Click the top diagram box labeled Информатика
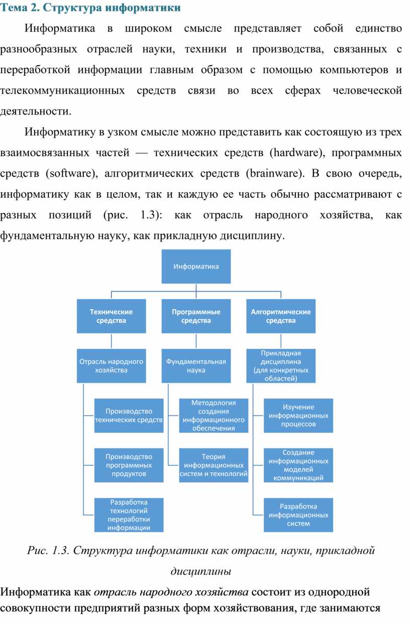pos(196,267)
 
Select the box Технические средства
pos(112,316)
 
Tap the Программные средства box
pos(196,316)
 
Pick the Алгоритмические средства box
pos(281,316)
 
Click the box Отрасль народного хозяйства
pos(112,365)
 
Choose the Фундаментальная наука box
pos(196,365)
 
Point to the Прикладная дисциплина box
pos(281,365)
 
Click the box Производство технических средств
pos(129,416)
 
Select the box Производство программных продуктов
pos(129,465)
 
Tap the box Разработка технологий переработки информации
pos(129,515)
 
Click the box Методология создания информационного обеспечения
pos(214,416)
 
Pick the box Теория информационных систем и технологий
pos(214,465)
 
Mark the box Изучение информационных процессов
pos(298,416)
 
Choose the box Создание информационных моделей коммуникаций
pos(298,465)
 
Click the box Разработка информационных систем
pos(298,515)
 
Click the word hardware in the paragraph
pos(296,153)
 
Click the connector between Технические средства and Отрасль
pos(112,341)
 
